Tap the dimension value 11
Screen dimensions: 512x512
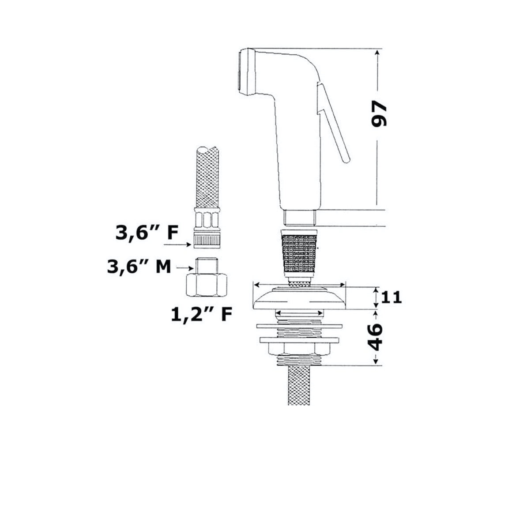tap(392, 297)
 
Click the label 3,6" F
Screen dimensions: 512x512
tap(147, 233)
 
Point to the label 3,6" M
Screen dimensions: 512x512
tap(139, 267)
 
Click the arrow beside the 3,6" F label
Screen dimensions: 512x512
tap(177, 245)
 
